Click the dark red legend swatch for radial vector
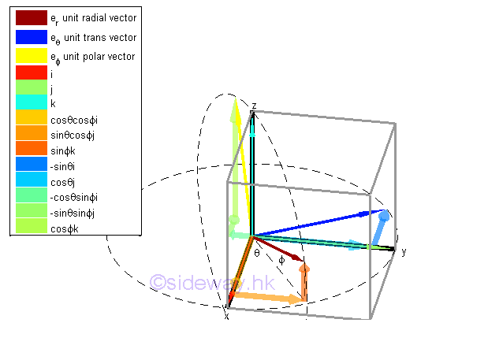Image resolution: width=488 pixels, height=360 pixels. pyautogui.click(x=31, y=17)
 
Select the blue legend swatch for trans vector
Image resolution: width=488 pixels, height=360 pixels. pyautogui.click(x=31, y=37)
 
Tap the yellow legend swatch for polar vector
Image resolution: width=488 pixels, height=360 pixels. pyautogui.click(x=31, y=57)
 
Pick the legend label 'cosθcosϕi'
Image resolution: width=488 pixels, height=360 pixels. pyautogui.click(x=74, y=119)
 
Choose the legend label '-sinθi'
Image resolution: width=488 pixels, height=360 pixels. pyautogui.click(x=62, y=166)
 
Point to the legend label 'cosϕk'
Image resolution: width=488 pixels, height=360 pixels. pyautogui.click(x=63, y=228)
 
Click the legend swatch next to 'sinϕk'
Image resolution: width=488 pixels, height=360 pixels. pyautogui.click(x=31, y=150)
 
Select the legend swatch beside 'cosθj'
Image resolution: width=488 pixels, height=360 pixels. pyautogui.click(x=31, y=181)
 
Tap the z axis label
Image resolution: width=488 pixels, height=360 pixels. pyautogui.click(x=254, y=105)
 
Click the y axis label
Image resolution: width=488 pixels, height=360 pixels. pyautogui.click(x=403, y=251)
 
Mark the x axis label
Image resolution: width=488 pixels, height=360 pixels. pyautogui.click(x=226, y=315)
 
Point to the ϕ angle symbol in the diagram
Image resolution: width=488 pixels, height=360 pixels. pyautogui.click(x=281, y=259)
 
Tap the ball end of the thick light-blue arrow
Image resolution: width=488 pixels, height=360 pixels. pyautogui.click(x=384, y=217)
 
